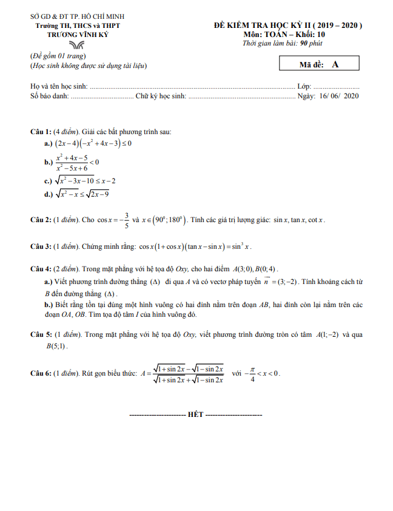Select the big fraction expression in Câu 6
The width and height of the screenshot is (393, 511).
(188, 374)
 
